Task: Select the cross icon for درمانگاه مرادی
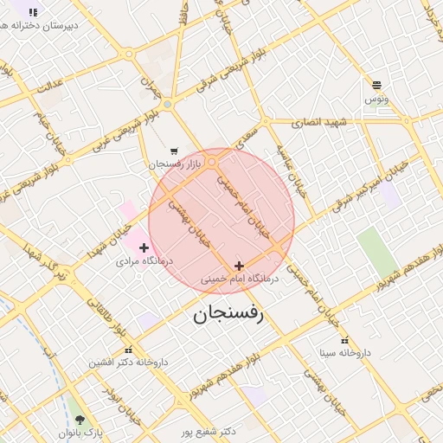(x=144, y=248)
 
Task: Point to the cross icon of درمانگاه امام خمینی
(x=239, y=266)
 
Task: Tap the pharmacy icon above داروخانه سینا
(x=345, y=340)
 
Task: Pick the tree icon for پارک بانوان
(x=80, y=420)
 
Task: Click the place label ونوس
(x=376, y=100)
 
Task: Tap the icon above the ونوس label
(x=376, y=85)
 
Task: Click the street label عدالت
(x=49, y=84)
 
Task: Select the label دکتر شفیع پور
(x=217, y=431)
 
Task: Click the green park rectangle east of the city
(x=377, y=253)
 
